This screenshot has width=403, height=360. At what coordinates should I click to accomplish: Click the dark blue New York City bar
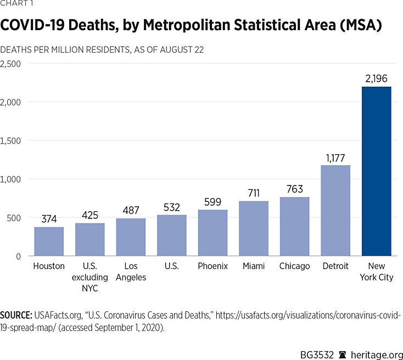377,171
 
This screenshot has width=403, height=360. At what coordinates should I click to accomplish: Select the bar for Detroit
335,211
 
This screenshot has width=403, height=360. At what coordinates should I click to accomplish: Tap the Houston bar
49,241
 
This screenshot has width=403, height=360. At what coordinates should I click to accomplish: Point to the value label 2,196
377,78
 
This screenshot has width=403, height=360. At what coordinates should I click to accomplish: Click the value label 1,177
335,157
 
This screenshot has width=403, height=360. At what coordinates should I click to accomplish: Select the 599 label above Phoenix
212,201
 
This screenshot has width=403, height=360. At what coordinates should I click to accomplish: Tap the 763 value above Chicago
294,189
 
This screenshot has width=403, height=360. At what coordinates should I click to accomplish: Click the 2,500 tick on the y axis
11,64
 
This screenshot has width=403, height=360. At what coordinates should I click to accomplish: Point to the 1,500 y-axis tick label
11,140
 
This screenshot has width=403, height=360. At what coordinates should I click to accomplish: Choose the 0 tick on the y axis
18,256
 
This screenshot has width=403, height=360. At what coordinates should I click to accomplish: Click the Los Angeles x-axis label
131,272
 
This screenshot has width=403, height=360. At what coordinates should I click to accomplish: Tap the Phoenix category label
212,266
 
